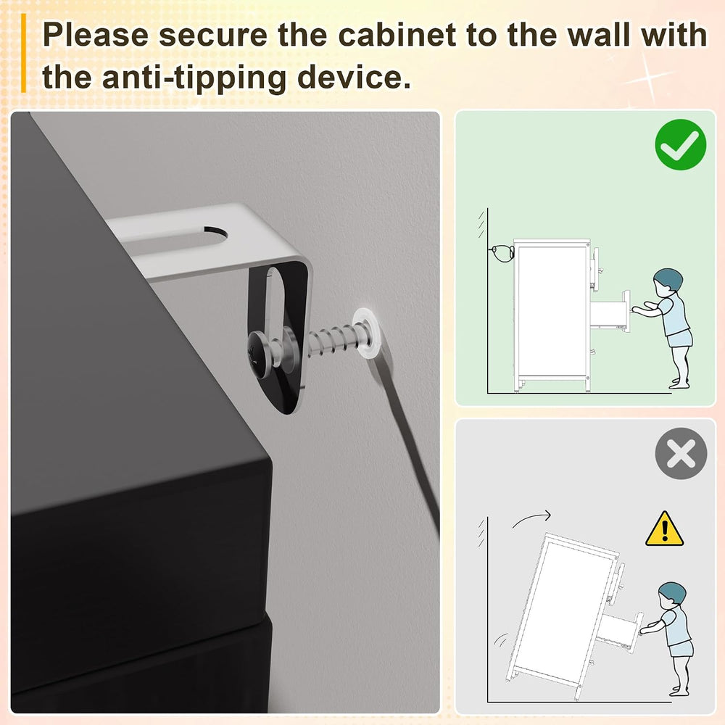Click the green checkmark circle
tap(680, 144)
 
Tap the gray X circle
tap(681, 453)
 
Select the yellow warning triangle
tap(664, 529)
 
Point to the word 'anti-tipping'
tap(194, 78)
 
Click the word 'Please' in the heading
tap(95, 35)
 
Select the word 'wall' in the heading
tap(599, 35)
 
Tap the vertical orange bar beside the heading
tap(23, 53)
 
